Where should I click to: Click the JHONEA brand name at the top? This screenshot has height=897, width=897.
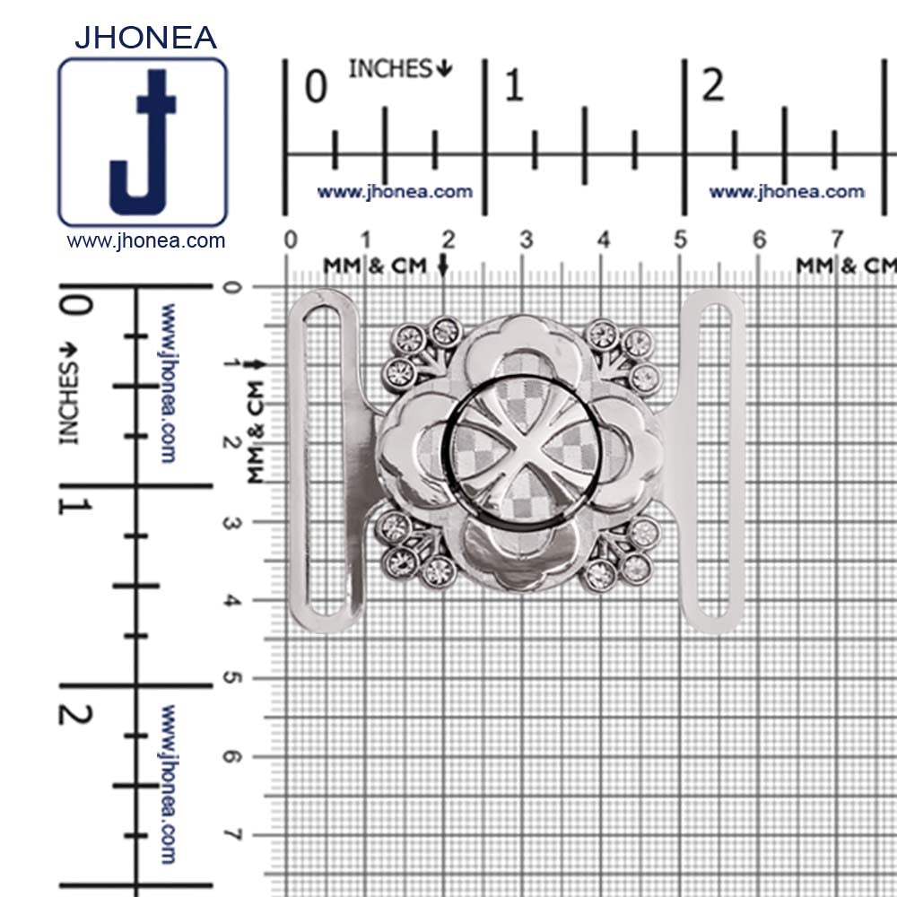point(145,38)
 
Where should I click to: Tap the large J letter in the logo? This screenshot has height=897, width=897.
point(143,142)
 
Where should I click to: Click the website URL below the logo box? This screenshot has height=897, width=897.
point(146,240)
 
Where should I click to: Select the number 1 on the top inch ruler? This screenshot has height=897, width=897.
point(514,86)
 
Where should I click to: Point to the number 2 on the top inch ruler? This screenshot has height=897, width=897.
point(713,85)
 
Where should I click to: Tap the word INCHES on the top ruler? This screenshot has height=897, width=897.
point(391,69)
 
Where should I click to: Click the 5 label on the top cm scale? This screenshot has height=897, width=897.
point(680,239)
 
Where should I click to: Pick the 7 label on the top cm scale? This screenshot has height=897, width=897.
point(837,239)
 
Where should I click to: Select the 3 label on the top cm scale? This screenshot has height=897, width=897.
point(527,239)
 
